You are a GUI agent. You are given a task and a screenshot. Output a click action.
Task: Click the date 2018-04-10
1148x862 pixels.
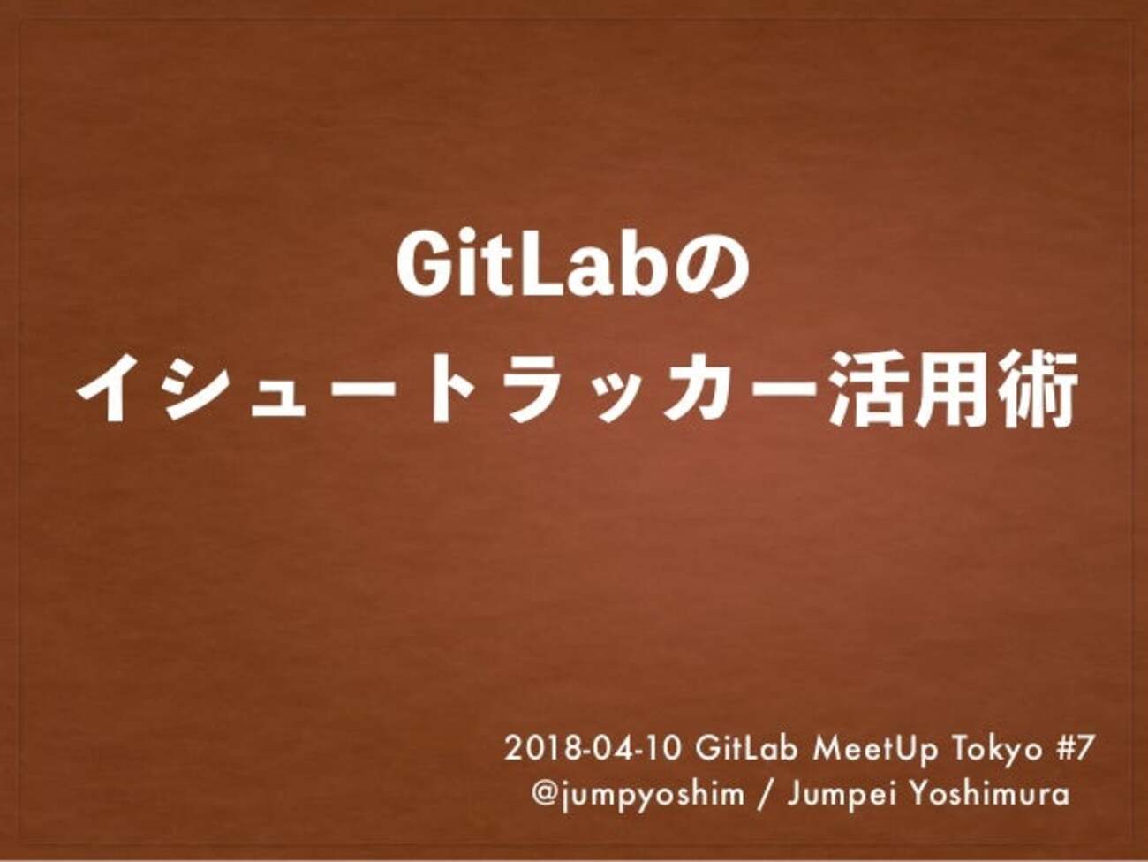click(x=593, y=749)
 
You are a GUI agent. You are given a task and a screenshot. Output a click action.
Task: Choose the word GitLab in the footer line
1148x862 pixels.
click(x=747, y=749)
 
